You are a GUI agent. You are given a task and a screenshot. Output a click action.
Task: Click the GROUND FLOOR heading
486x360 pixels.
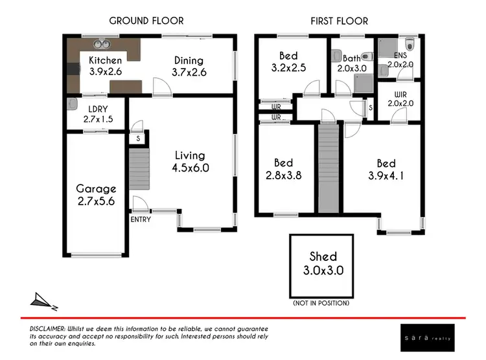(x=146, y=21)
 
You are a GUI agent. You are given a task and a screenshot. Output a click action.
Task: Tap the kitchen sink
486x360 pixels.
(x=100, y=45)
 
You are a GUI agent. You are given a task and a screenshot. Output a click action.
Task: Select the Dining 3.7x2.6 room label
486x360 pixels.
(x=189, y=66)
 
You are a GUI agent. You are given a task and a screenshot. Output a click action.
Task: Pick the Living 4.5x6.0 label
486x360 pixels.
(x=189, y=161)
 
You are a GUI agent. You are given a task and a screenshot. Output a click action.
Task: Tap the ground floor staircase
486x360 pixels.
(x=139, y=168)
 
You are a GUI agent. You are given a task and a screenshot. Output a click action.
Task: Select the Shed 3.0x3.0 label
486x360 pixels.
(x=323, y=264)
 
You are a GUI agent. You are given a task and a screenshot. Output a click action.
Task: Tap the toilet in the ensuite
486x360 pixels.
(x=409, y=44)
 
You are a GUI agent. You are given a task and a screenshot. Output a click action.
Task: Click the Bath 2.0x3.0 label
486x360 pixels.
(x=351, y=62)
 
